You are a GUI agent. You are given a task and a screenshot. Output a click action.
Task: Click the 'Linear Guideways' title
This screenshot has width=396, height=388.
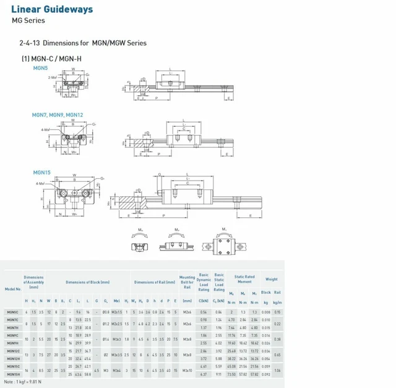coord(52,9)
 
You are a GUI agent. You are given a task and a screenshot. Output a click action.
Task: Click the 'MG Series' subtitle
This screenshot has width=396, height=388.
coord(28,20)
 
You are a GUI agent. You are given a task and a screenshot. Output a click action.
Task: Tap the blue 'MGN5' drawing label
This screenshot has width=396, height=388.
coord(40,67)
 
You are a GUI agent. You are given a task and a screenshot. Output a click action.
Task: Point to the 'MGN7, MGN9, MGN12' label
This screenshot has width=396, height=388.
coord(57,115)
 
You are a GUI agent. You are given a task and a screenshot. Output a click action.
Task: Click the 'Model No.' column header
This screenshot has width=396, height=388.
coord(12,289)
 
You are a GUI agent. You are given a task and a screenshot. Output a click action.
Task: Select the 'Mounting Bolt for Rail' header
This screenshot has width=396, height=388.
coord(187,282)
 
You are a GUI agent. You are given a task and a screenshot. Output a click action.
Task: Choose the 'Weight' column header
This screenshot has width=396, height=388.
coord(272,279)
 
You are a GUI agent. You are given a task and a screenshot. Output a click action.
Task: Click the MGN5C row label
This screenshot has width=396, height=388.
coord(12,312)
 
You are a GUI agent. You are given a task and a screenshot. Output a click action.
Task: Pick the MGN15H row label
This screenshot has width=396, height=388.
coord(12,374)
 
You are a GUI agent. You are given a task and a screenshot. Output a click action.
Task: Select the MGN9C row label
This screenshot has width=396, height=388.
coord(12,335)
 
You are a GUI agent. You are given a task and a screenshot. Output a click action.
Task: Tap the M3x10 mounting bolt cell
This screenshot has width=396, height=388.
coord(187,370)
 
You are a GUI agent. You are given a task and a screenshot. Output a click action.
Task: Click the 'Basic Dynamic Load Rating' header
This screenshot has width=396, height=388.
coord(204,282)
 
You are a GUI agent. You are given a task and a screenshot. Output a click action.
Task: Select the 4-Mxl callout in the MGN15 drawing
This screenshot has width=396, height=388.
coord(40,184)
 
